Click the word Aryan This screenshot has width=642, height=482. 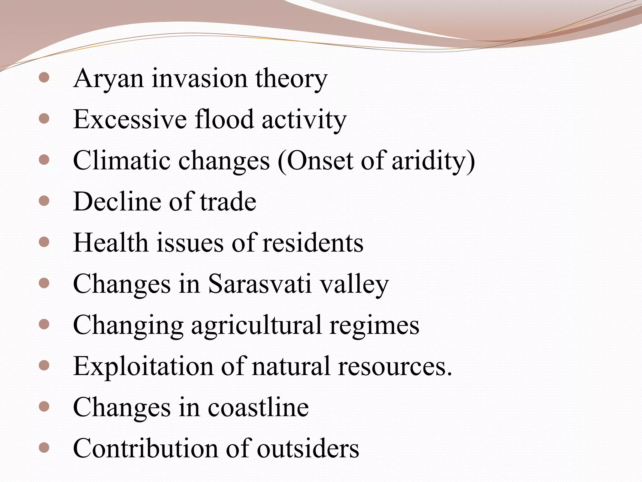click(108, 79)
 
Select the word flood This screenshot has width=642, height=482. click(224, 120)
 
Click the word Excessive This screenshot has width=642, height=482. click(130, 120)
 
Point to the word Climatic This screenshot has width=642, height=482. click(122, 161)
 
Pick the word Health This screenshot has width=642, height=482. click(110, 243)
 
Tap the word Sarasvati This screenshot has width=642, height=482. click(260, 284)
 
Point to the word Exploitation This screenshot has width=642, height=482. click(143, 366)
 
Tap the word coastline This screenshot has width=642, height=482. click(258, 407)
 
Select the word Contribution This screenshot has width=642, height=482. click(145, 448)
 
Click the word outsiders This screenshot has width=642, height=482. click(308, 448)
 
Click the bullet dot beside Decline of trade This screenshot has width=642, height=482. click(44, 201)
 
